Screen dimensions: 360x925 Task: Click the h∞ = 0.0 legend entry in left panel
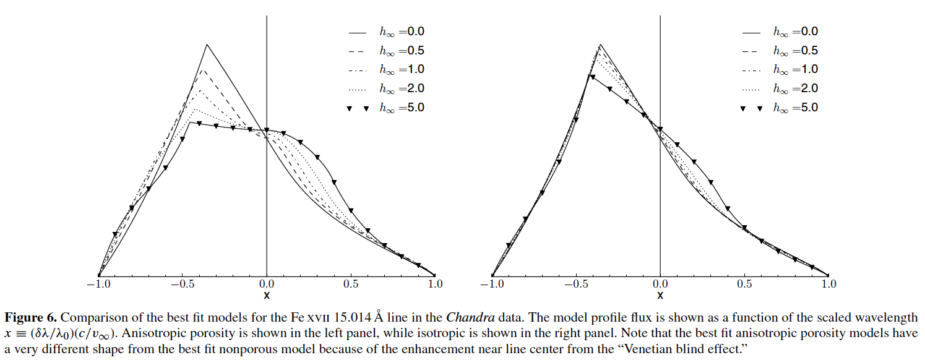tap(402, 32)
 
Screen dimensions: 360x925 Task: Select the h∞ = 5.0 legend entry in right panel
tap(795, 108)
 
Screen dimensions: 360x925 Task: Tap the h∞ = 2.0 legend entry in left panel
tap(402, 88)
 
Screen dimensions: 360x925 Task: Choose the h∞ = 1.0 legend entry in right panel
tap(795, 69)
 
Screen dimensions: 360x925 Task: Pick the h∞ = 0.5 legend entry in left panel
tap(402, 51)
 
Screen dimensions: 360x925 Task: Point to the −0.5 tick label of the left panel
tap(182, 285)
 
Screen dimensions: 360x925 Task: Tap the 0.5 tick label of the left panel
tap(351, 285)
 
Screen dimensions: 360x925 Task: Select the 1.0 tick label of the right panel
tap(828, 285)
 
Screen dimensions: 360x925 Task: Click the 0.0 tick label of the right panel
tap(660, 285)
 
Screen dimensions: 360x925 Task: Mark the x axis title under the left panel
tap(267, 296)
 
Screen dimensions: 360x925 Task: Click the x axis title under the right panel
tap(660, 296)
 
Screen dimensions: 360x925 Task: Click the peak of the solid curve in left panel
tap(207, 45)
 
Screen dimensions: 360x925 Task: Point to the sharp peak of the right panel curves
tap(600, 45)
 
